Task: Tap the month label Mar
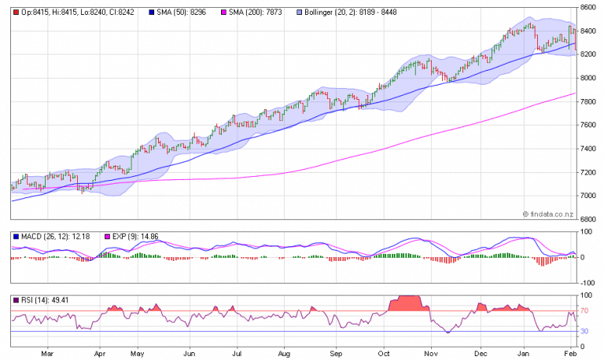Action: (48, 354)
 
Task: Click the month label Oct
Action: (384, 354)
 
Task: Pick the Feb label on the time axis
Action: (569, 354)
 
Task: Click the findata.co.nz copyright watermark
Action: (550, 213)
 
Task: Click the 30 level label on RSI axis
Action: (586, 332)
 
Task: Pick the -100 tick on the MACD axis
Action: (587, 282)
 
